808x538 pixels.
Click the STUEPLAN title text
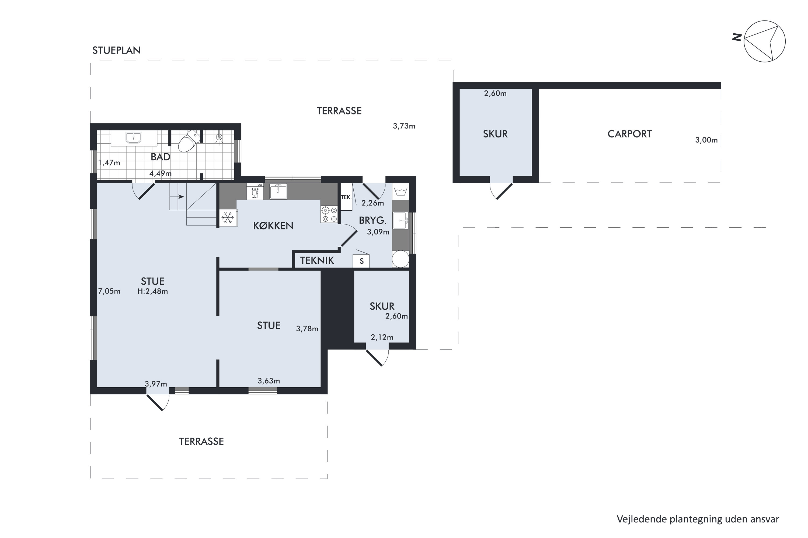pos(116,51)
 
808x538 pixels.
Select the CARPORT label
pos(629,134)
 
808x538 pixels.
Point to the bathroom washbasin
pos(133,137)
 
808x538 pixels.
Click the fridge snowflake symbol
pos(227,218)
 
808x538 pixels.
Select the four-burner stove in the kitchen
pos(329,214)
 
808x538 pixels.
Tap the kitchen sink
pos(278,191)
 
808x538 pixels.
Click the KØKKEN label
pos(273,226)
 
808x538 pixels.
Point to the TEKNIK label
pos(317,260)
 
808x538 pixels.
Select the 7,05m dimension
pos(109,291)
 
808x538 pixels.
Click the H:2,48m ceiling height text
pos(152,291)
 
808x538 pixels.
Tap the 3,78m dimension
pos(307,329)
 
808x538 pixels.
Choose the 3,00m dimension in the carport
pos(706,140)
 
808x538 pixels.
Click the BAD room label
pos(161,157)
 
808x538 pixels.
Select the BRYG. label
pos(372,220)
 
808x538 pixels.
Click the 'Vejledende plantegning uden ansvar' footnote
pos(698,519)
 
